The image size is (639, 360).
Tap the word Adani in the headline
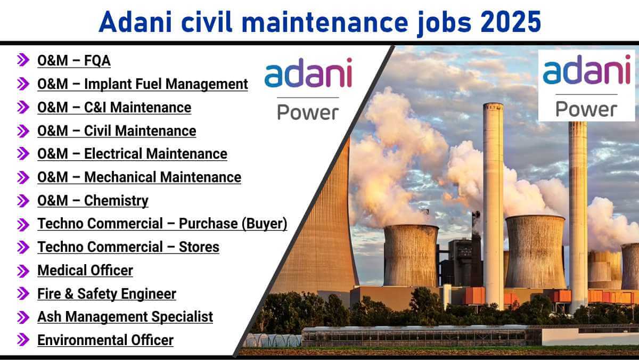(x=135, y=22)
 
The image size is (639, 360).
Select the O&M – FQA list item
(x=74, y=61)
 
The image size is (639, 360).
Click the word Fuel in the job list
(x=149, y=84)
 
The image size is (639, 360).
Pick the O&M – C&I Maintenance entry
(x=114, y=108)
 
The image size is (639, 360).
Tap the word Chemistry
(x=116, y=201)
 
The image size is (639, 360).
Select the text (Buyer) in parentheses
(x=265, y=223)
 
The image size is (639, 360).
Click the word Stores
(x=199, y=247)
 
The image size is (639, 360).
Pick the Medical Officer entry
(x=85, y=271)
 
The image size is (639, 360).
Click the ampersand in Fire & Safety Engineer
(x=69, y=294)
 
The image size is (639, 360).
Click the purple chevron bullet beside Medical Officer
(x=23, y=271)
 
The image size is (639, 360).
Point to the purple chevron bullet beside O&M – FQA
(x=23, y=60)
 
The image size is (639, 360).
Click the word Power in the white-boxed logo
(x=586, y=110)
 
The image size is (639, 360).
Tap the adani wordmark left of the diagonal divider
(x=308, y=72)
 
